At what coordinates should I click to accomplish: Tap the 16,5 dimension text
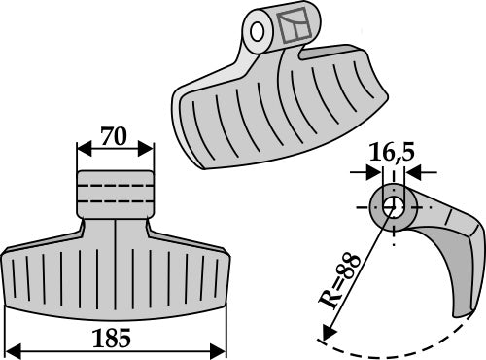point(391,152)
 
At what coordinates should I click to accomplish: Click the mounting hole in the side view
point(393,208)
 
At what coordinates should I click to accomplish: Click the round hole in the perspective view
point(259,31)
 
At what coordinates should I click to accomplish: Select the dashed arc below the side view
point(389,347)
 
